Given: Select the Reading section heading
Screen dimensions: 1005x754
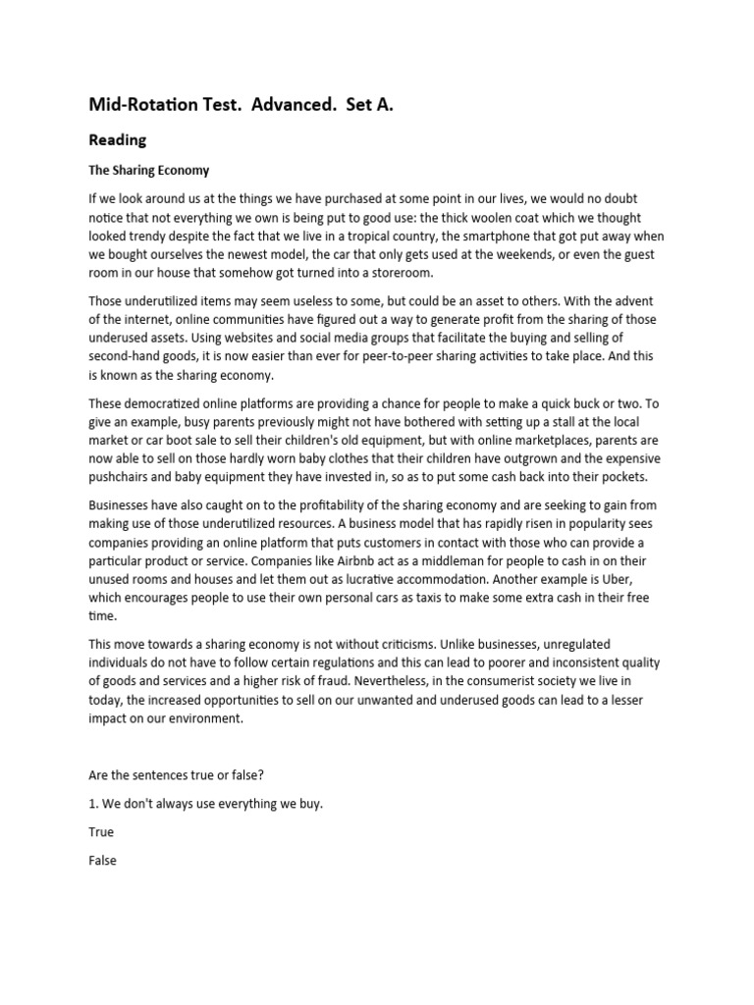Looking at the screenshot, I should (x=117, y=140).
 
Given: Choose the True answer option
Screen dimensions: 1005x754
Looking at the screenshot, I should (x=101, y=832).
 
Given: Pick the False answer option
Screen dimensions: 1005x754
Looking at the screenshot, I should (x=102, y=861).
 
